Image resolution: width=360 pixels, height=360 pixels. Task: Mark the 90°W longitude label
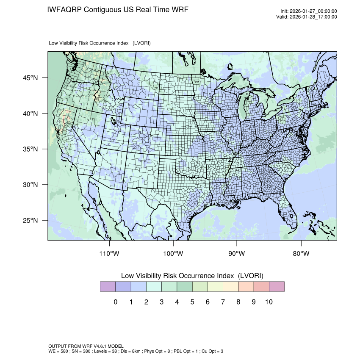[237, 254]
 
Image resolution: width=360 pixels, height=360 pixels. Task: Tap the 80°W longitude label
[301, 254]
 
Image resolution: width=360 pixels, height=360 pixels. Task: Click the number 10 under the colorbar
[269, 302]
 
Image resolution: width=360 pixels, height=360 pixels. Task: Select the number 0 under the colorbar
[115, 302]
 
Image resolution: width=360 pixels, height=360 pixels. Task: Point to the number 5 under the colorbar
[192, 302]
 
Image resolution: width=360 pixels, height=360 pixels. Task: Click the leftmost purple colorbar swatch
[108, 287]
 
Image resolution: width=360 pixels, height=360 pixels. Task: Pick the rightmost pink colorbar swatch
[277, 287]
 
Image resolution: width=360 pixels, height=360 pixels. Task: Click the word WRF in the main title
[177, 9]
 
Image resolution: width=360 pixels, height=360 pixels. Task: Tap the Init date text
[309, 11]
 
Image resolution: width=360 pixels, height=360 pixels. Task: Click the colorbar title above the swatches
[192, 276]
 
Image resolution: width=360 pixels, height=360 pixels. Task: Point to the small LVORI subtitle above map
[100, 43]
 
